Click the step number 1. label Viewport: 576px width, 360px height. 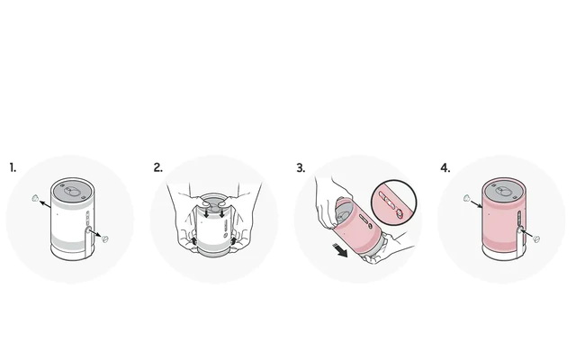pos(13,168)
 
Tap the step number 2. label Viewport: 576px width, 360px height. pos(158,168)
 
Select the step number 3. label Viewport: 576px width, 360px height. pos(301,168)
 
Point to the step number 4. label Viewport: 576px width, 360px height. pos(445,168)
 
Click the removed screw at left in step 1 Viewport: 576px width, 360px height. pos(35,198)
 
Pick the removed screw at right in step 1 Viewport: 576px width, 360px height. pos(105,238)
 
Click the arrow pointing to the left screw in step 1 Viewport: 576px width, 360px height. pos(45,204)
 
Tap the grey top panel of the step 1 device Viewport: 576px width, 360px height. pos(72,191)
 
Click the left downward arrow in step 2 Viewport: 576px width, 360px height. pos(207,213)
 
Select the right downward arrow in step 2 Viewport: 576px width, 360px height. pos(221,213)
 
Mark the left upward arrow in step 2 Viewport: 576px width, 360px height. pos(194,241)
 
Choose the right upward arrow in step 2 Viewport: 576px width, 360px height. pos(234,241)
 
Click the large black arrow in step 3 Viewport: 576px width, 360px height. pos(340,250)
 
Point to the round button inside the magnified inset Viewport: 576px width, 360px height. pos(399,212)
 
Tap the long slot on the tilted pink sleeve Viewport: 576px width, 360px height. pos(366,219)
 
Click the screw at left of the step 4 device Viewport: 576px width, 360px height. pos(466,198)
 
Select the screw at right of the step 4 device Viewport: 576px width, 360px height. pos(536,239)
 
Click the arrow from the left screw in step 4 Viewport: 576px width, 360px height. pos(476,203)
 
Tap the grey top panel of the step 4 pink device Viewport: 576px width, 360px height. pos(503,191)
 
